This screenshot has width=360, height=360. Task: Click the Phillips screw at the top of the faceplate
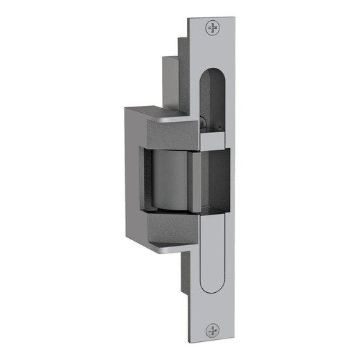pyautogui.click(x=212, y=28)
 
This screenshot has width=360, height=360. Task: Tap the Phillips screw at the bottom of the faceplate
pyautogui.click(x=212, y=330)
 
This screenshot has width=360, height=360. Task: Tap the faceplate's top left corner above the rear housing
pyautogui.click(x=191, y=18)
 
